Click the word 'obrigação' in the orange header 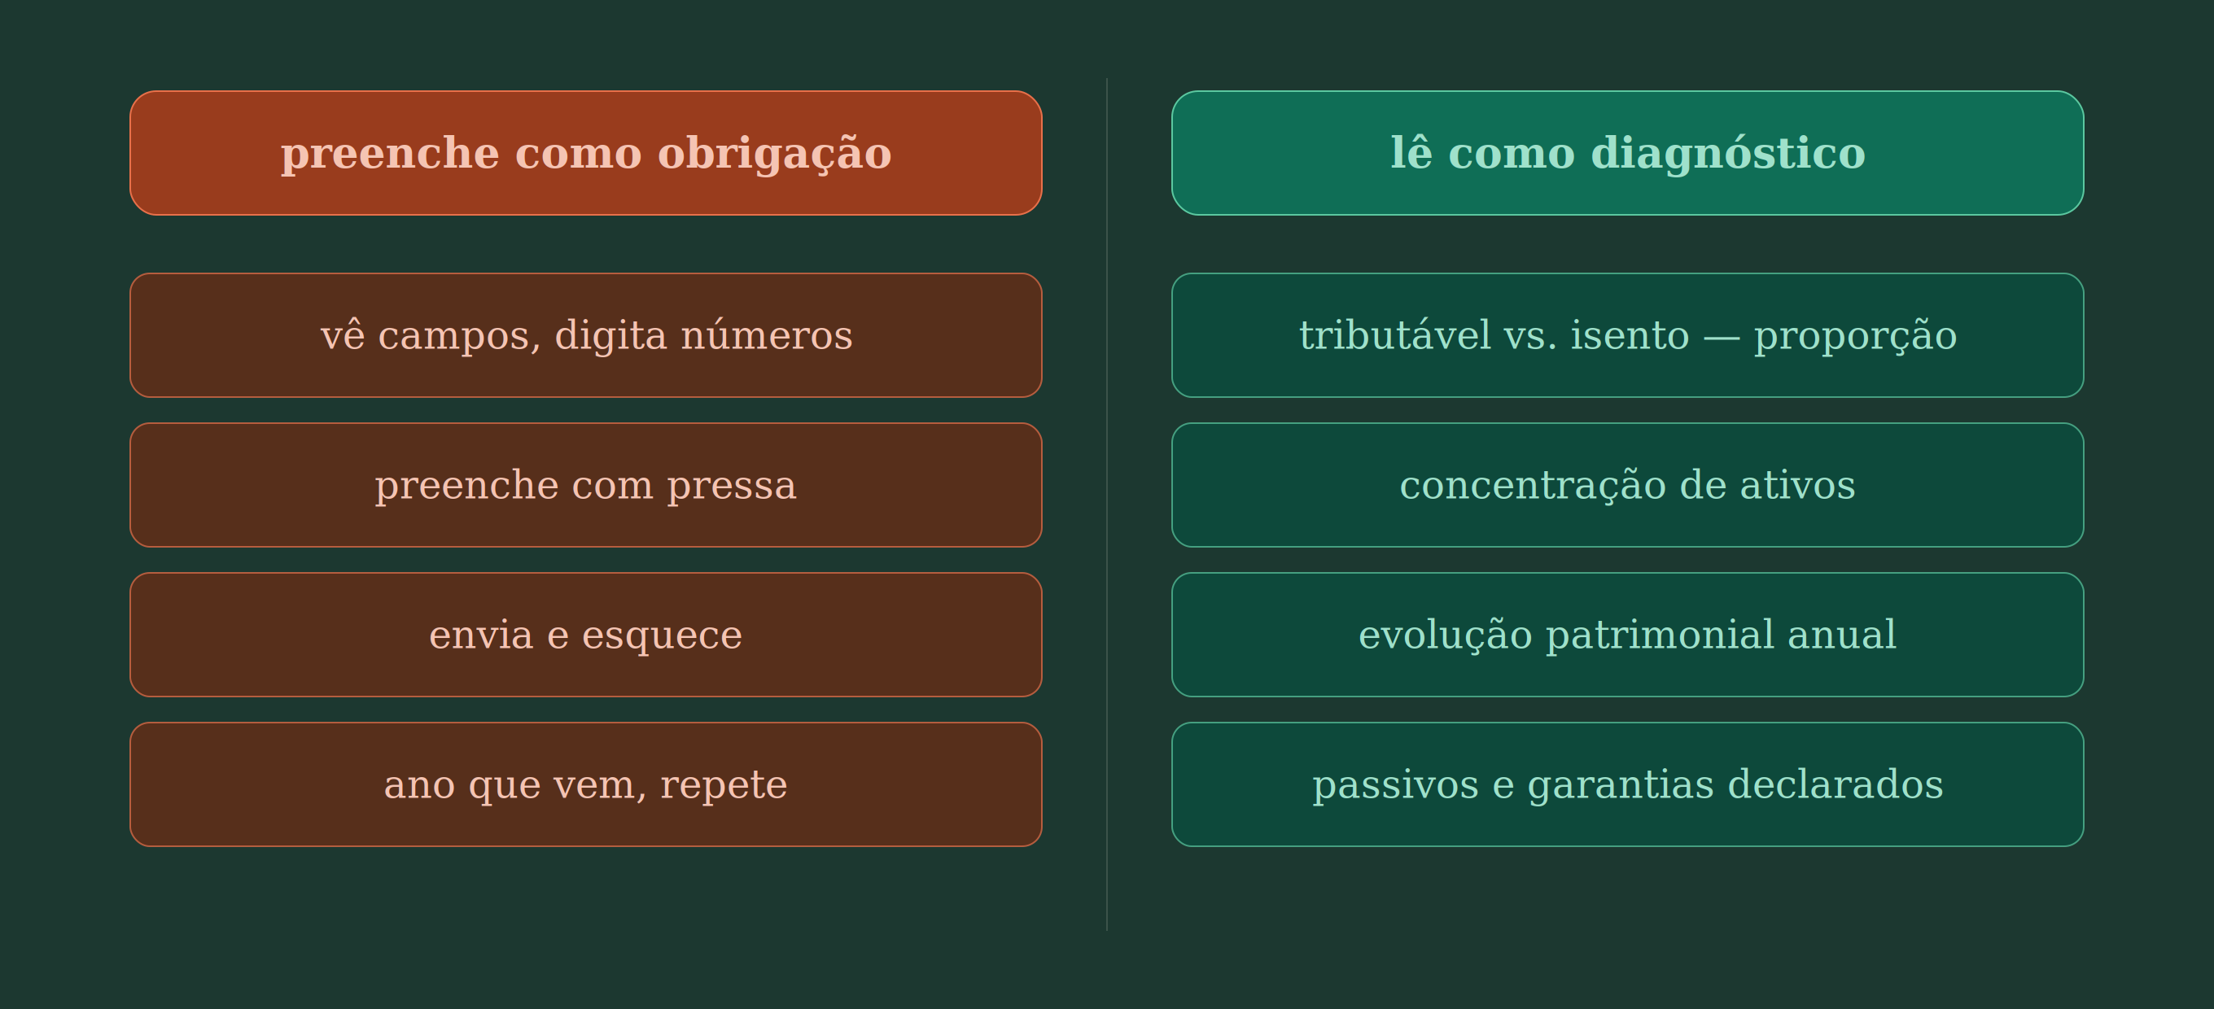tap(774, 155)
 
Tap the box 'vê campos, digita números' tap(585, 335)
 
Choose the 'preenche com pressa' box tap(585, 485)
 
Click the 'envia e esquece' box tap(585, 634)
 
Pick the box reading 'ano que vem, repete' tap(585, 784)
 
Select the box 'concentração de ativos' tap(1627, 485)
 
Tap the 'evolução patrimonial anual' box tap(1627, 634)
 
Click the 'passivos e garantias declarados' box tap(1627, 784)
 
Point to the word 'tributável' tap(1395, 334)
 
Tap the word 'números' tap(767, 334)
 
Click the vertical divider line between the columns tap(1107, 504)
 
